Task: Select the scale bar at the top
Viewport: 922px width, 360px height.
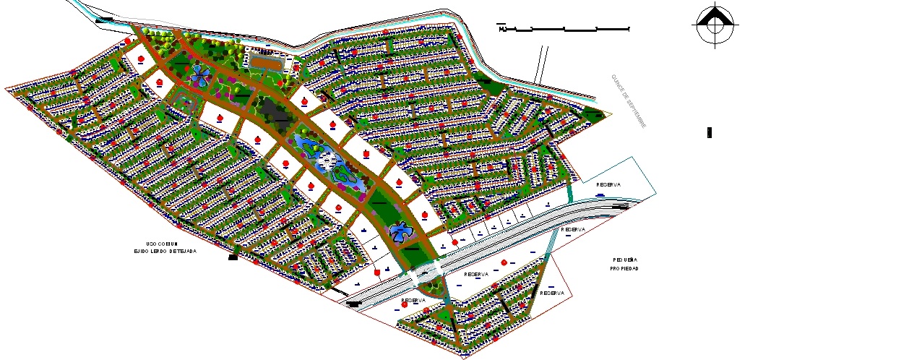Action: [x=564, y=29]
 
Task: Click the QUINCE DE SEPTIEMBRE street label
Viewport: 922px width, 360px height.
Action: [x=627, y=100]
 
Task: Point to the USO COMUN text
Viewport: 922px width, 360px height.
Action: [x=162, y=244]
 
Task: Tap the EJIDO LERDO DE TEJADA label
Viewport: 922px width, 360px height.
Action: [x=165, y=252]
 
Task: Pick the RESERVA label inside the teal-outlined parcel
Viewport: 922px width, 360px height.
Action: [x=608, y=184]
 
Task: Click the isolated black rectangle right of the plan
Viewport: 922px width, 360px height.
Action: [x=710, y=132]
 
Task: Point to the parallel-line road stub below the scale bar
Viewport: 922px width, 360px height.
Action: [x=540, y=64]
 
